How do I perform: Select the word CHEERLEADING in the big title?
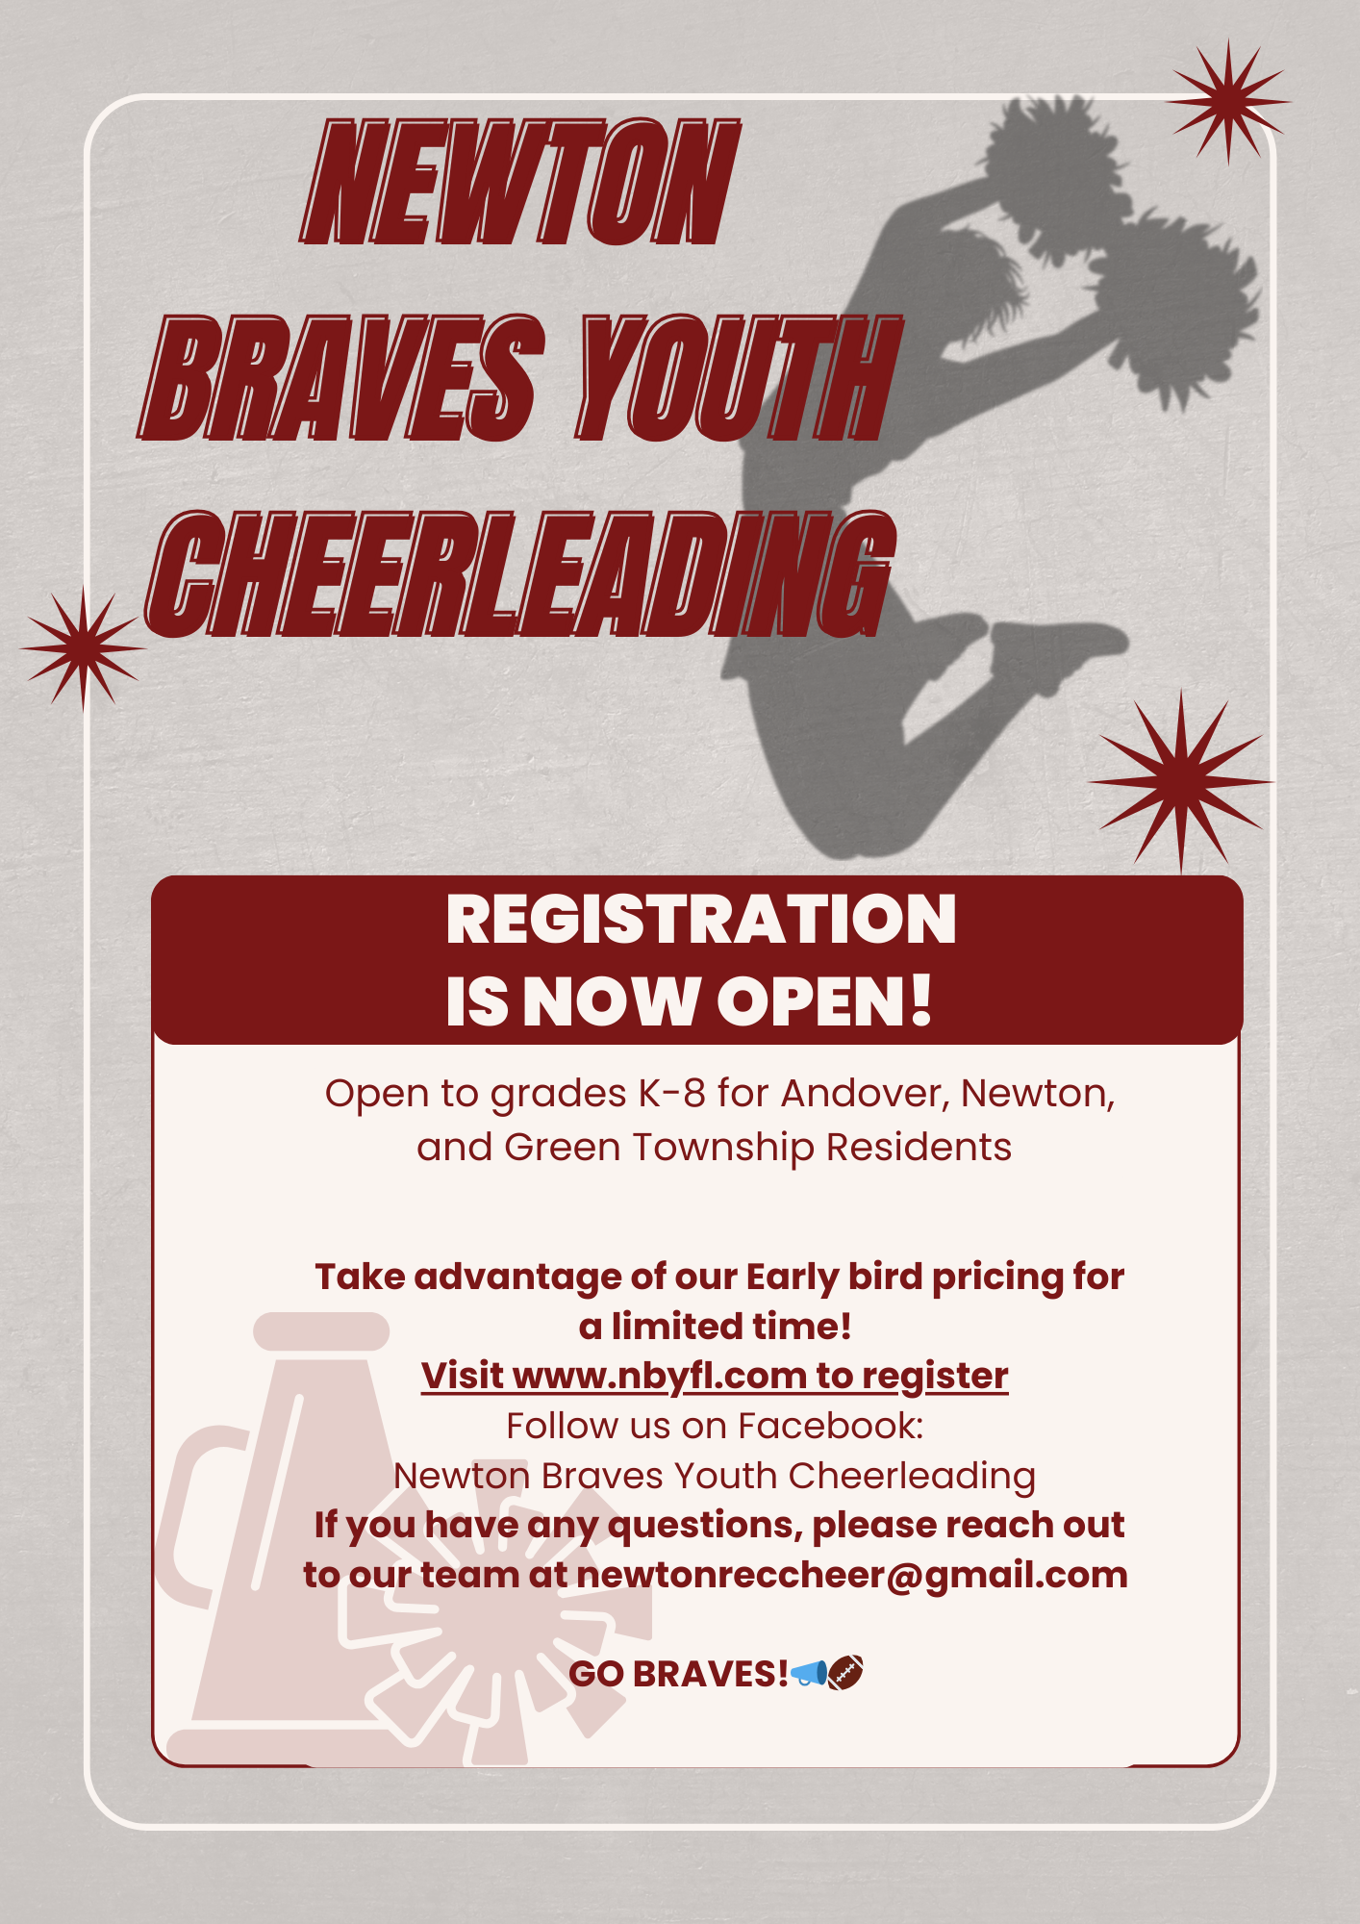(520, 574)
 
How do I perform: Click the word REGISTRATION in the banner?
(701, 920)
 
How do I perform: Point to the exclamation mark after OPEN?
(919, 1000)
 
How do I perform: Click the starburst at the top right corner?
(1227, 101)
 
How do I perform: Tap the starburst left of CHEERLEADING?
(84, 648)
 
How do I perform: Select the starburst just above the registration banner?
(1181, 781)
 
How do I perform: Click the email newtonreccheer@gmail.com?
(852, 1576)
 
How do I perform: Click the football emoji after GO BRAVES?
(845, 1673)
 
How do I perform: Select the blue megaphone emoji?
(808, 1673)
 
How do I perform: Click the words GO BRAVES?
(679, 1674)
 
